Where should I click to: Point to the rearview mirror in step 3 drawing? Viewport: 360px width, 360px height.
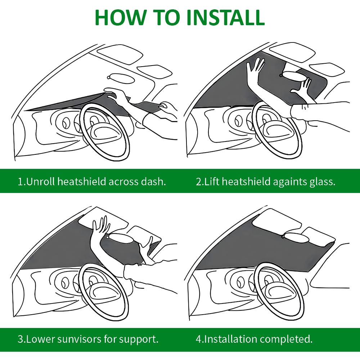click(x=122, y=238)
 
